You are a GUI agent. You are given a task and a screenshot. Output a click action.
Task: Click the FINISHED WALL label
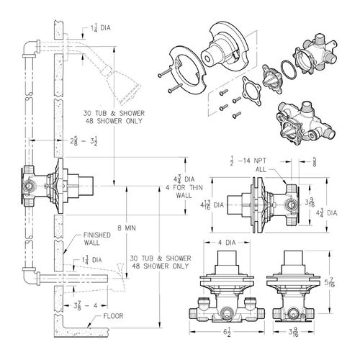pyautogui.click(x=95, y=238)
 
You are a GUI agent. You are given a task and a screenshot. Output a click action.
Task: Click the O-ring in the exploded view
pyautogui.click(x=287, y=71)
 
